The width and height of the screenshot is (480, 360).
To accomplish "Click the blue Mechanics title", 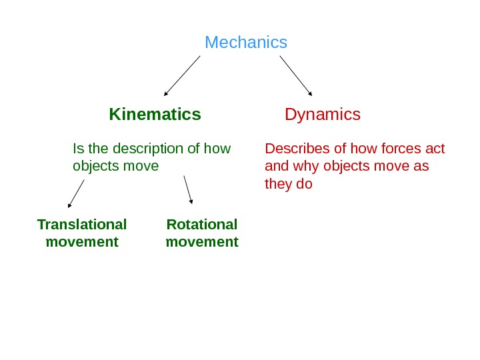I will tap(246, 43).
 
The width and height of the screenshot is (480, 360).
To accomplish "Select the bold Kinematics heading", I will tap(155, 115).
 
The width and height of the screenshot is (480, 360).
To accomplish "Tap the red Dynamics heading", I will tap(323, 115).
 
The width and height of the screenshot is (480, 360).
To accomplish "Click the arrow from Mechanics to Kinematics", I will tap(181, 76).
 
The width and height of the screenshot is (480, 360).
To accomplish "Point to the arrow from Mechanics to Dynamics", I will tap(295, 75).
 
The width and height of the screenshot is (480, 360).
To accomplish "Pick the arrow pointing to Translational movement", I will tap(76, 193).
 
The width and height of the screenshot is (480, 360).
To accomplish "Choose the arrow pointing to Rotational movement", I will tap(188, 189).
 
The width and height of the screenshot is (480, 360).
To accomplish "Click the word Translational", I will tap(82, 224).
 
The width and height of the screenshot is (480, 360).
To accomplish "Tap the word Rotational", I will tap(202, 224).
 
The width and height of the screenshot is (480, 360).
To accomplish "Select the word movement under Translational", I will tap(82, 241).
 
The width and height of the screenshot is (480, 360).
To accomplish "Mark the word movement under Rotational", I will tap(202, 241).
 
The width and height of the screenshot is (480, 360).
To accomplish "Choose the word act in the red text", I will tap(435, 148).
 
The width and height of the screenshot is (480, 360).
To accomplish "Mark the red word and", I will tap(275, 165).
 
